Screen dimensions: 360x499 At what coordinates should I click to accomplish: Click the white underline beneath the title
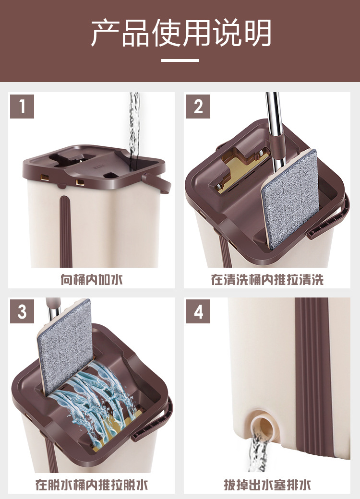coord(180,60)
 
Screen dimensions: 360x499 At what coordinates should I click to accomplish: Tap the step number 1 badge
coord(22,107)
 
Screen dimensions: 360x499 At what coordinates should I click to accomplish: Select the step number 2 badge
coord(198,107)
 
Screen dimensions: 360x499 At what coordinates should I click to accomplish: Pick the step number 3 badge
coord(22,311)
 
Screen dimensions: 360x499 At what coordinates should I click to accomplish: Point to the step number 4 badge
coord(198,311)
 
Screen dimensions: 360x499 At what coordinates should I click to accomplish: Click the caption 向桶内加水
coord(92,280)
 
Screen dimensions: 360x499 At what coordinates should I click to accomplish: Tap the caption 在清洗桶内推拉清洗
coord(267,280)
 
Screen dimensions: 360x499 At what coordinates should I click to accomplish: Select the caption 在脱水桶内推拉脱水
coord(92,485)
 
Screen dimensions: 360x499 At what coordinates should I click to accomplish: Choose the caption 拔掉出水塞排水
coord(267,485)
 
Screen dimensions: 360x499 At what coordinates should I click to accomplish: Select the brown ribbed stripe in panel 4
coord(312,376)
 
